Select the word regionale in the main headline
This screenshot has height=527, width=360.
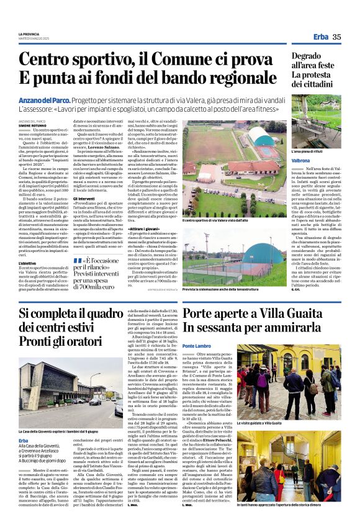(238, 78)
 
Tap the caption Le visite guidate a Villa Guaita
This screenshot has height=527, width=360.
(261, 422)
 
